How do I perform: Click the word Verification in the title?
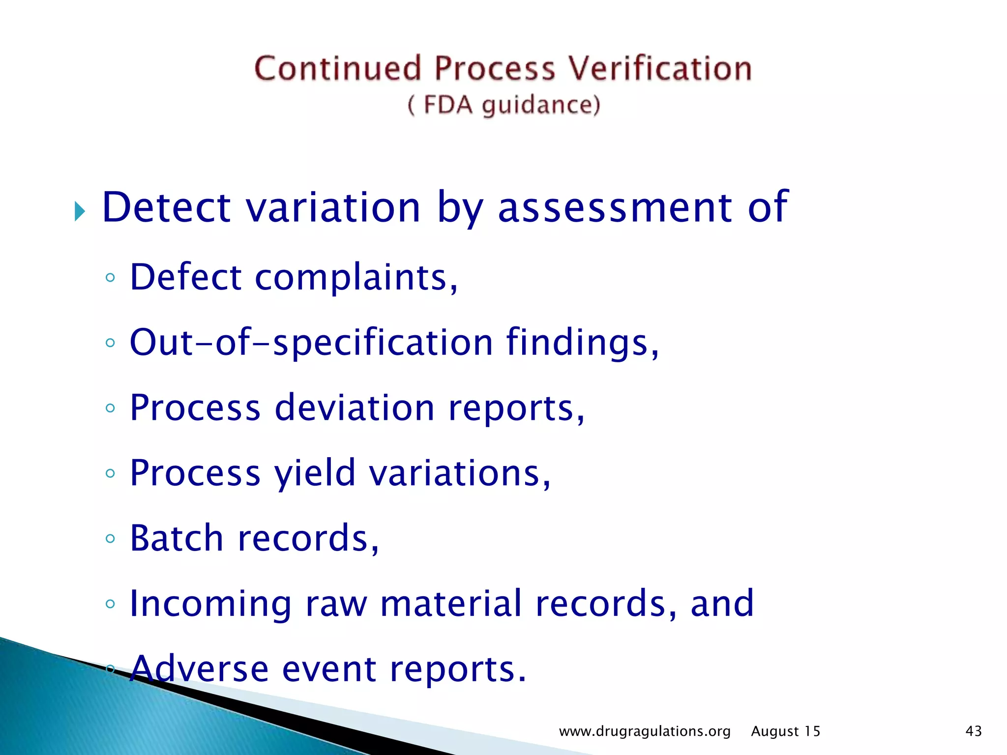point(660,69)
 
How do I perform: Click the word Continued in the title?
point(338,69)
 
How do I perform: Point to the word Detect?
point(166,207)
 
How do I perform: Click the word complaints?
point(356,278)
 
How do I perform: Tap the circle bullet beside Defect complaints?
point(110,278)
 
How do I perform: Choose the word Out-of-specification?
point(311,343)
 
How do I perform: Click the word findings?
point(582,343)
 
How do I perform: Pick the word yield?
point(314,473)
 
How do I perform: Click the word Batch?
point(177,538)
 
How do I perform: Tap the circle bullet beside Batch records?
point(110,538)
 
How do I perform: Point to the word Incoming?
point(210,604)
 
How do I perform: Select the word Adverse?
point(200,669)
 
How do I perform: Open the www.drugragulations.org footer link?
point(645,731)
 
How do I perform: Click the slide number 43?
point(974,731)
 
